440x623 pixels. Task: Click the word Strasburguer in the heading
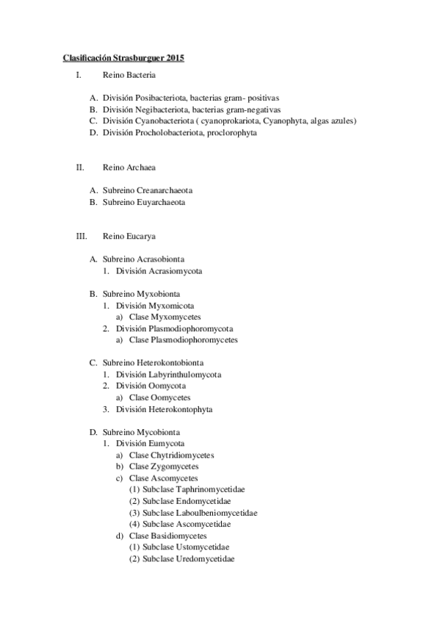point(139,57)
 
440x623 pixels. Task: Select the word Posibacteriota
point(163,98)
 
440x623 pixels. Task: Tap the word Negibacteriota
point(163,109)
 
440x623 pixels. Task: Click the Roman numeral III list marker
point(82,237)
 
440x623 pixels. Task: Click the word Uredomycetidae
point(206,559)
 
